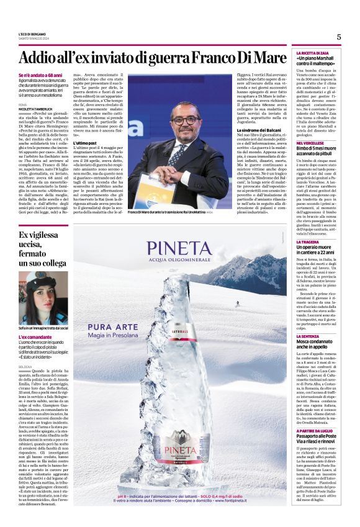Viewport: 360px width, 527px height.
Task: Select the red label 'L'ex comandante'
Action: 33,336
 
